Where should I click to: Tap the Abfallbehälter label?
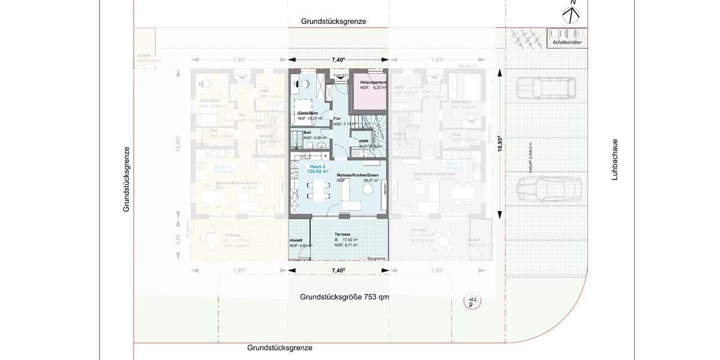[566, 43]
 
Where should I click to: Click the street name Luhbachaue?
[615, 160]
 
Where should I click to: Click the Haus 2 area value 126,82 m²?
[317, 171]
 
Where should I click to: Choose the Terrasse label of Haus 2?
[343, 235]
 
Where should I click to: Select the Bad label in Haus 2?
[307, 132]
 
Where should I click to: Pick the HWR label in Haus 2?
[364, 140]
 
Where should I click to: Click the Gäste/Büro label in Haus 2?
[307, 113]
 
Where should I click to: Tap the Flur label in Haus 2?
[337, 119]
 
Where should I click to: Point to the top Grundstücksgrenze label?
[334, 22]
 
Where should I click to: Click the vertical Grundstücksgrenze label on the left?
[127, 179]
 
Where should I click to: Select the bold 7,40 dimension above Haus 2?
[339, 60]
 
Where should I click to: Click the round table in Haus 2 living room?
[367, 190]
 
